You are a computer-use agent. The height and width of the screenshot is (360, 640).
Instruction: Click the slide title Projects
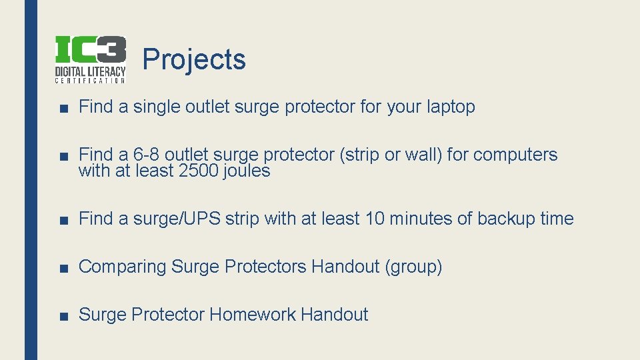[194, 59]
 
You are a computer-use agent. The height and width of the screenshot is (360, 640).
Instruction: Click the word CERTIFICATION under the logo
[90, 81]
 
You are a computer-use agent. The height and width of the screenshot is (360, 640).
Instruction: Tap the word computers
[515, 155]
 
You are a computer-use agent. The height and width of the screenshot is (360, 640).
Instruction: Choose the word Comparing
[122, 267]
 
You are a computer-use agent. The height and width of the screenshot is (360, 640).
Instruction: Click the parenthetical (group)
[413, 267]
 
